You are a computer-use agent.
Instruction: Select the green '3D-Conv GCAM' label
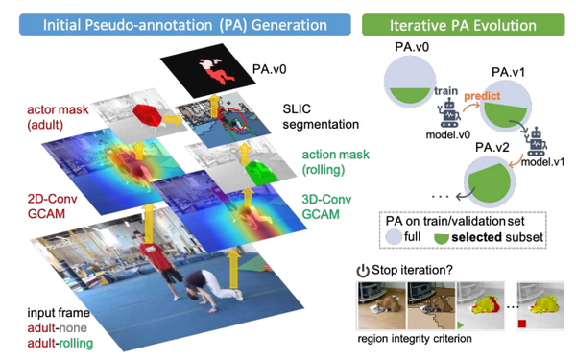click(x=327, y=204)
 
